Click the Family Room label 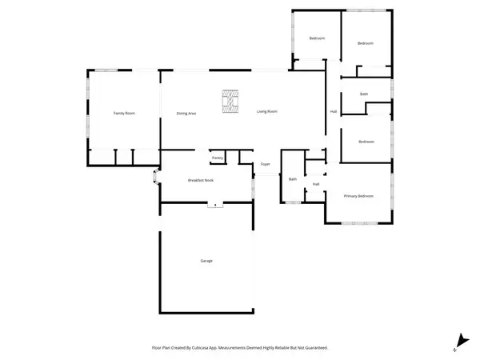click(x=124, y=114)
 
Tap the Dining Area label click(x=186, y=114)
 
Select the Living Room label click(x=267, y=111)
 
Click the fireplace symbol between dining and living click(x=230, y=102)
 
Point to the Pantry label click(x=217, y=158)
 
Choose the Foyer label click(x=265, y=165)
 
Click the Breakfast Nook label click(x=201, y=180)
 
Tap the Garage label click(x=206, y=262)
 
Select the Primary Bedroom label click(x=358, y=196)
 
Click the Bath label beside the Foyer click(x=293, y=179)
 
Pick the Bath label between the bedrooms click(x=364, y=94)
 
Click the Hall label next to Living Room click(x=334, y=111)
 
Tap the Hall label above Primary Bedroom click(x=316, y=184)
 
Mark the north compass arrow click(x=459, y=340)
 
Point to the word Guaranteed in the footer click(x=314, y=348)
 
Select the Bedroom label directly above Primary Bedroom click(x=366, y=142)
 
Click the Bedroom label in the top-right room click(x=366, y=43)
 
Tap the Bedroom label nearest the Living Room click(x=317, y=38)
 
